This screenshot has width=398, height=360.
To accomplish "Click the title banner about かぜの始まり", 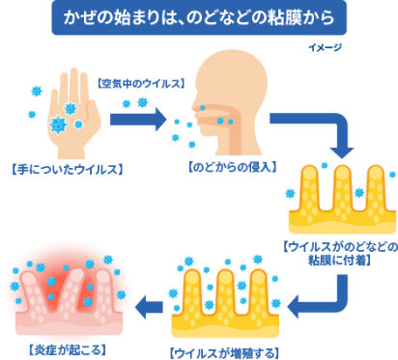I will pos(198,18).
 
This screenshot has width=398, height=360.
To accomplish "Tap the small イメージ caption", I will pos(327,45).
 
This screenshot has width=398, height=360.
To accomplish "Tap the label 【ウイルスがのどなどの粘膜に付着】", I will pos(339,254).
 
